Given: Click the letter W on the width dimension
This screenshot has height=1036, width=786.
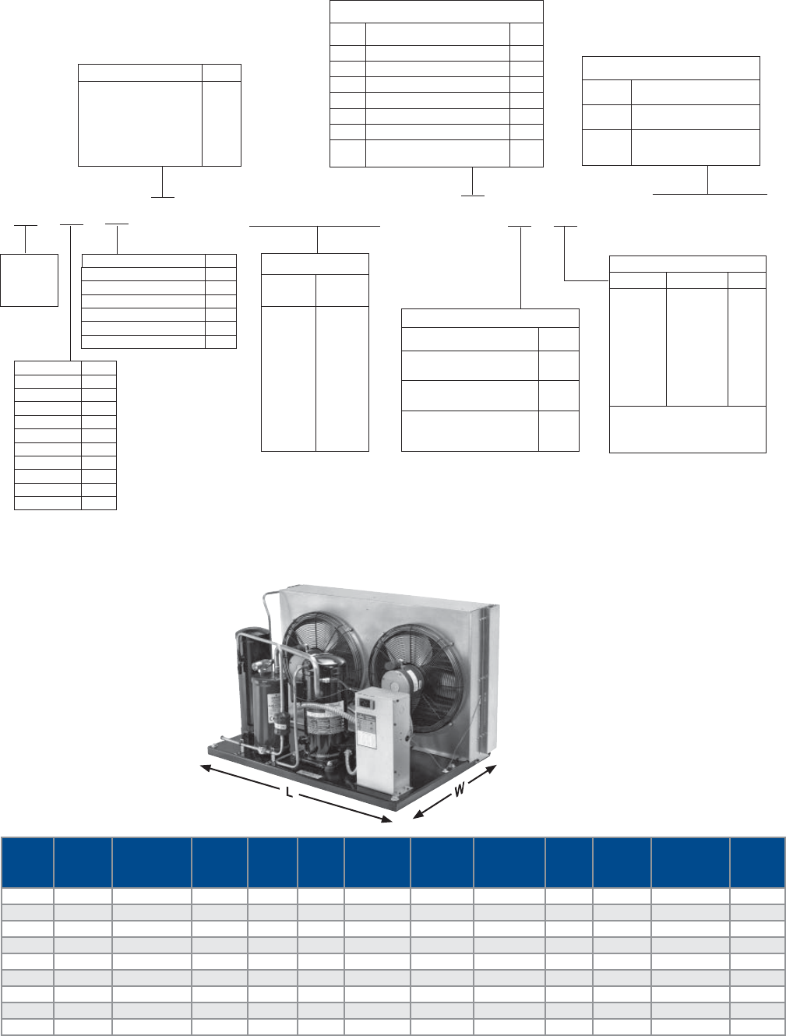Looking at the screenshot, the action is click(460, 789).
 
